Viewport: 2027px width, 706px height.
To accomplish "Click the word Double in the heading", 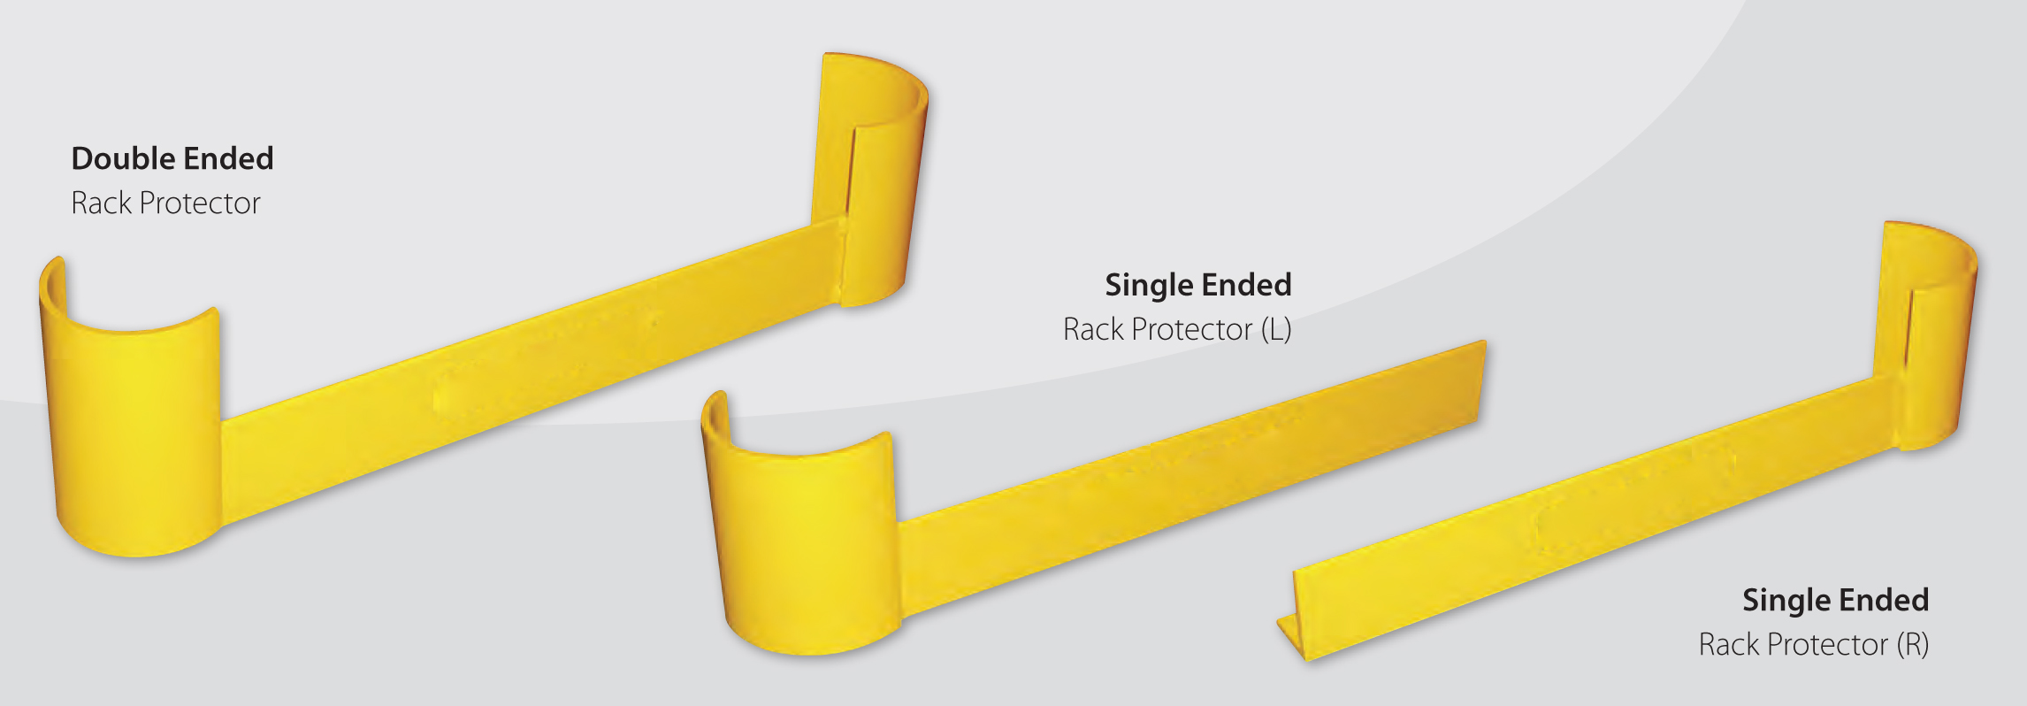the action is (x=124, y=158).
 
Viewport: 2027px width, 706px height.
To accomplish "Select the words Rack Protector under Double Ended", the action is (x=165, y=203).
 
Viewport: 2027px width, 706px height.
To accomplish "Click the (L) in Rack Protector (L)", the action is (x=1276, y=329).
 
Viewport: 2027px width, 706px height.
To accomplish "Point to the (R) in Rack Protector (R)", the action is (x=1912, y=645).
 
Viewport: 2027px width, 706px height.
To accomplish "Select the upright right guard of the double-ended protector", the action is (x=871, y=177).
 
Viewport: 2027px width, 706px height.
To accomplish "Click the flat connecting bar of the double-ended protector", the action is (x=531, y=372).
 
